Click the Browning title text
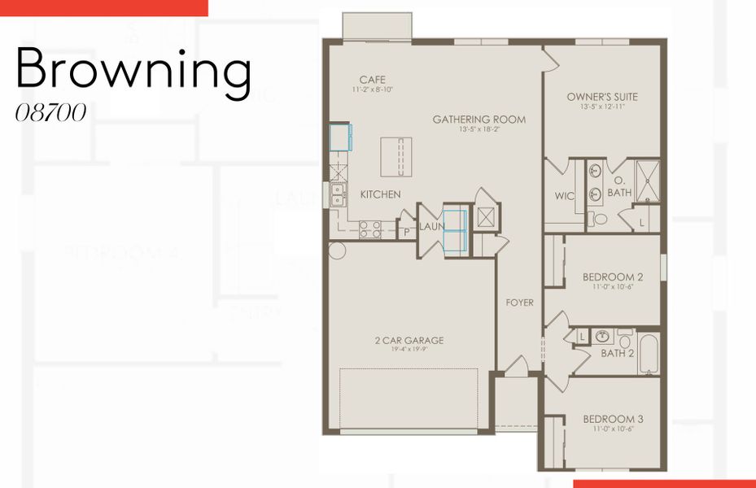coord(133,70)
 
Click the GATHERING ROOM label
coord(479,120)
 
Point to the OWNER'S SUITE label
coord(602,98)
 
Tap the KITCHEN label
coord(380,194)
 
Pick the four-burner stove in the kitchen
coord(370,229)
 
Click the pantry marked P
coord(407,232)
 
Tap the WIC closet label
coord(565,196)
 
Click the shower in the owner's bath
coord(647,180)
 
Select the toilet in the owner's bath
coord(600,218)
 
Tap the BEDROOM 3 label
coord(613,420)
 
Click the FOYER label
coord(520,303)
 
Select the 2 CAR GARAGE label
coord(409,341)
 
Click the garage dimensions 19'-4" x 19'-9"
coord(409,351)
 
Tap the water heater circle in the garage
coord(338,250)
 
